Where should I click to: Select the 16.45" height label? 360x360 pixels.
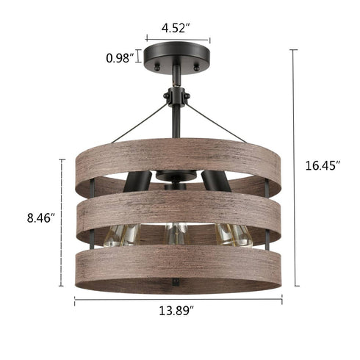[x=322, y=166]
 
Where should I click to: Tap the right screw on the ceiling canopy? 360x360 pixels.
[x=197, y=65]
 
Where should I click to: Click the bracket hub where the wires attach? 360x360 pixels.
[x=176, y=96]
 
